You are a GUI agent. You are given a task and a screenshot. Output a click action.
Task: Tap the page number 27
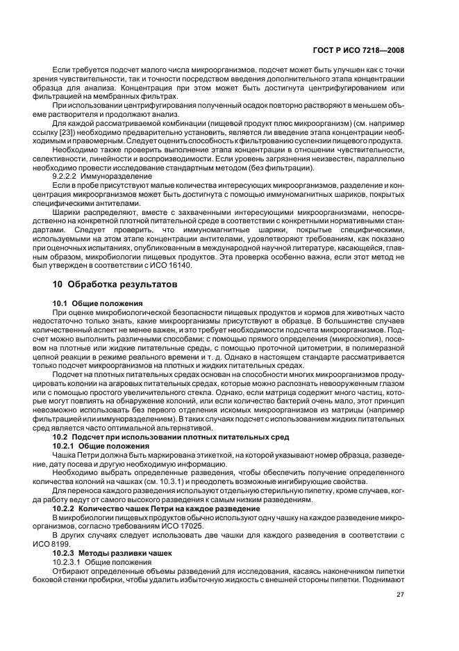click(401, 594)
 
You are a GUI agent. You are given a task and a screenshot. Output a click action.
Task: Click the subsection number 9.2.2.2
click(67, 196)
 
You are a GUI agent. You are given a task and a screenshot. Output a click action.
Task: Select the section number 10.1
click(61, 304)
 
